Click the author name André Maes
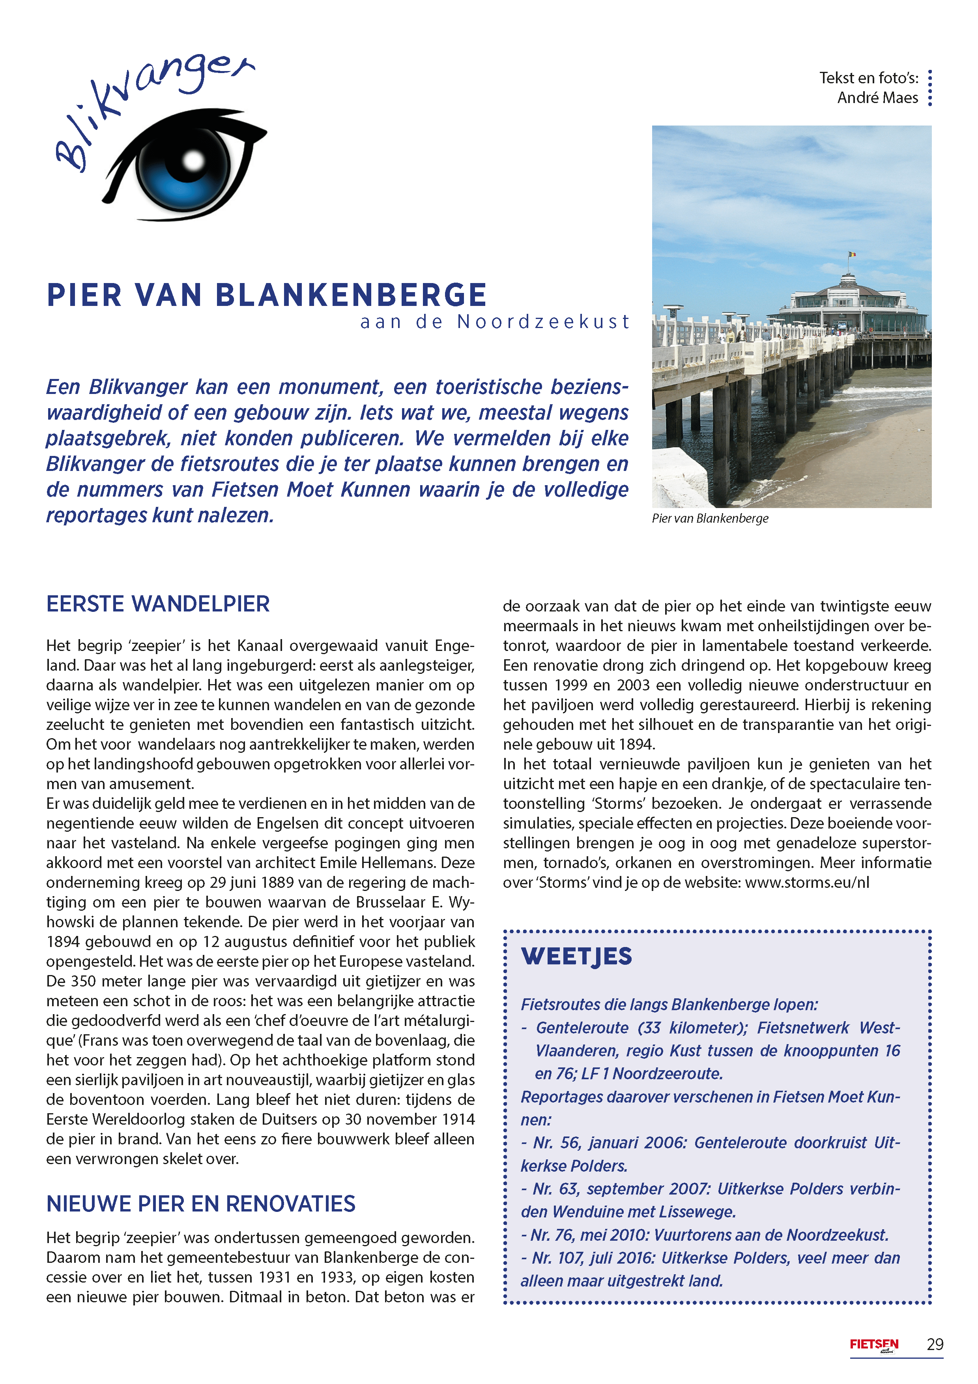pos(877,98)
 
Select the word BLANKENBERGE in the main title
pos(351,295)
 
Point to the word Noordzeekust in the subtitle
pos(543,322)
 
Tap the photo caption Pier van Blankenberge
pos(710,518)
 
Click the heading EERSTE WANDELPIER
pos(158,604)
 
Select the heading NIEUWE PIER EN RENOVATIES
pos(201,1204)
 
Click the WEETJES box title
pos(577,956)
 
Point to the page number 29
pos(935,1344)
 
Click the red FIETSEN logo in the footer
pos(874,1344)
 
